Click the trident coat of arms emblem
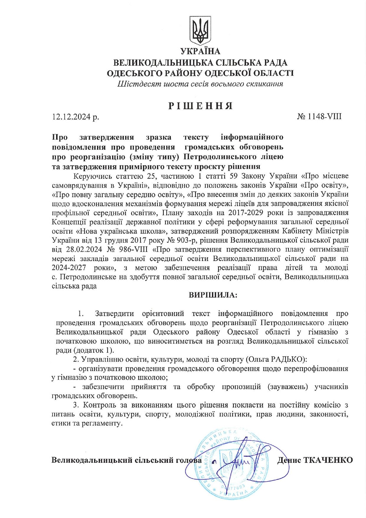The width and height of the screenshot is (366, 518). (x=200, y=31)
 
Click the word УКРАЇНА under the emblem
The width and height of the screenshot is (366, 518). (x=200, y=51)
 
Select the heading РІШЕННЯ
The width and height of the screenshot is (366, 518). (x=200, y=106)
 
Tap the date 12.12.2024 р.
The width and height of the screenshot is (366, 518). (x=76, y=117)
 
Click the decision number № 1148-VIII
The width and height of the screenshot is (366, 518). (x=319, y=116)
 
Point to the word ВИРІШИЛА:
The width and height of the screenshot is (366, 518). (x=213, y=295)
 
